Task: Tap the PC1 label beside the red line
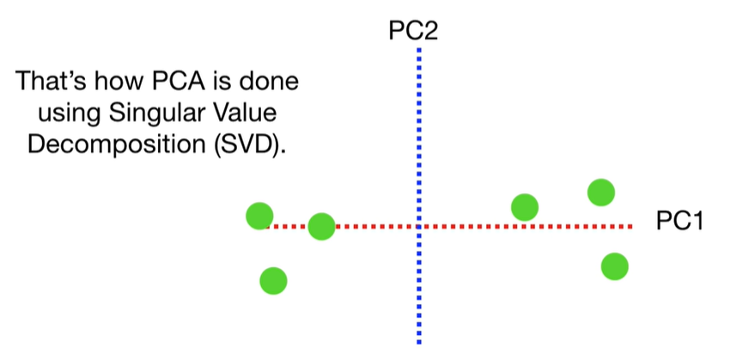click(679, 221)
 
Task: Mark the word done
click(275, 83)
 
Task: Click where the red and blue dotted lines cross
click(419, 227)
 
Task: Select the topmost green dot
click(601, 192)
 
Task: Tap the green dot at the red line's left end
click(259, 217)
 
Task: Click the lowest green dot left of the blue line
click(273, 279)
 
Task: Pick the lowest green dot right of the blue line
click(614, 266)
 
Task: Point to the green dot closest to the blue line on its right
click(524, 207)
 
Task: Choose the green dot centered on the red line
click(321, 227)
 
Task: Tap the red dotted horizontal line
click(472, 227)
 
